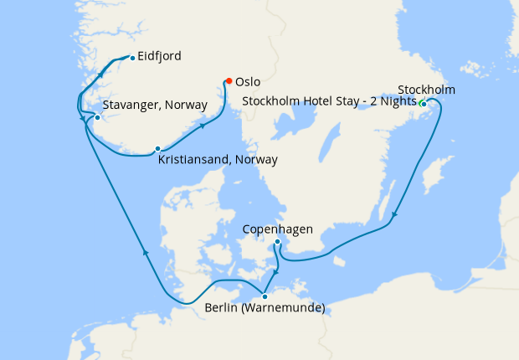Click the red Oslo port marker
click(228, 81)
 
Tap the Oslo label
click(249, 82)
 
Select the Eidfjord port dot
click(132, 57)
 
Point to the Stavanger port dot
click(98, 117)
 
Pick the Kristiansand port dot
click(157, 149)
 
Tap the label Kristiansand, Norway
click(218, 159)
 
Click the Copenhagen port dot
click(277, 242)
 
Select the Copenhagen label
click(278, 228)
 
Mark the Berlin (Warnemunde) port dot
click(265, 296)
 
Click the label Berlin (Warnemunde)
click(265, 308)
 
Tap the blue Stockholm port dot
click(424, 104)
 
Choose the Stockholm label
click(426, 89)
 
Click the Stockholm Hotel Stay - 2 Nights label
click(328, 101)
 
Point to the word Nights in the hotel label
click(397, 101)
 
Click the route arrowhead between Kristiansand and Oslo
click(203, 126)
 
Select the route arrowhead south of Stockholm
click(394, 215)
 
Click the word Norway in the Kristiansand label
click(255, 159)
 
